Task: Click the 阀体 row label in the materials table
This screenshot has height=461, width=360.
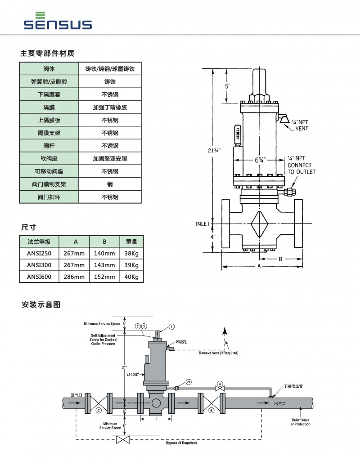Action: pyautogui.click(x=49, y=69)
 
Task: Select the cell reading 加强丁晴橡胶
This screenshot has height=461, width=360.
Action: pyautogui.click(x=110, y=108)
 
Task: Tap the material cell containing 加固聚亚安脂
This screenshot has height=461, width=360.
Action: pyautogui.click(x=110, y=159)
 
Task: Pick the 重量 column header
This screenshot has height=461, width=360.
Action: pyautogui.click(x=131, y=242)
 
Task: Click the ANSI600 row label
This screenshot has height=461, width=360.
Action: pyautogui.click(x=39, y=277)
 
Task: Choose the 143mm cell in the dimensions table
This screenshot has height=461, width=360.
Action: pyautogui.click(x=104, y=265)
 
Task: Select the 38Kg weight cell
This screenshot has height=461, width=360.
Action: pyautogui.click(x=131, y=253)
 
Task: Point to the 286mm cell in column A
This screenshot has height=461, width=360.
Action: pyautogui.click(x=74, y=277)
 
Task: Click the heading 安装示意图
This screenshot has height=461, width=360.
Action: pyautogui.click(x=41, y=304)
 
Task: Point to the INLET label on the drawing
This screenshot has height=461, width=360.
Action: pyautogui.click(x=202, y=224)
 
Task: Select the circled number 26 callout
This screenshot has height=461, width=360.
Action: pyautogui.click(x=189, y=381)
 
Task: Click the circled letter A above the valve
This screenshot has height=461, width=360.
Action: pyautogui.click(x=220, y=383)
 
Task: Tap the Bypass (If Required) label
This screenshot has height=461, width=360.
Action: pyautogui.click(x=181, y=443)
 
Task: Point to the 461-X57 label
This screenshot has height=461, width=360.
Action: pyautogui.click(x=133, y=374)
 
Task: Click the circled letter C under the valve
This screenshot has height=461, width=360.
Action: pyautogui.click(x=98, y=411)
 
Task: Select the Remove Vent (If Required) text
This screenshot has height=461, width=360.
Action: pyautogui.click(x=219, y=353)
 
